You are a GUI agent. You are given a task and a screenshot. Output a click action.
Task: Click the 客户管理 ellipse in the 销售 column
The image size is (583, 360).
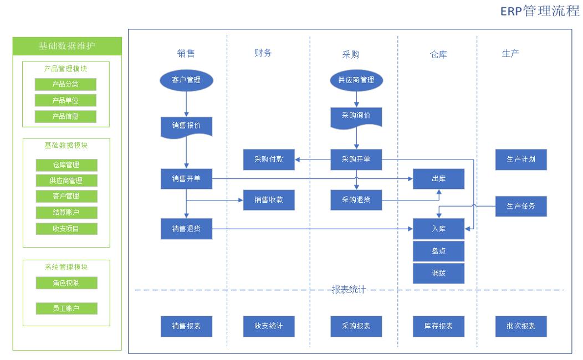[186, 80]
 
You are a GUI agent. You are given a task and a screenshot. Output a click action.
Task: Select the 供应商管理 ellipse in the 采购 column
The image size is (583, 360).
[356, 80]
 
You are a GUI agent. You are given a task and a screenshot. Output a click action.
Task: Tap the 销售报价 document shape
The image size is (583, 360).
[186, 126]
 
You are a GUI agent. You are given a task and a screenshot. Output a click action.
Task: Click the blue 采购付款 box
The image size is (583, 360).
[269, 160]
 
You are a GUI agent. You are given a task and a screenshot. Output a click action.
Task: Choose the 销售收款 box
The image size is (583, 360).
[269, 199]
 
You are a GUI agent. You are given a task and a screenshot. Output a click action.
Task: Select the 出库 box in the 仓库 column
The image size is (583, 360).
[438, 179]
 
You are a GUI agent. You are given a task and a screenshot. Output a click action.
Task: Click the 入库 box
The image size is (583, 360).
[438, 228]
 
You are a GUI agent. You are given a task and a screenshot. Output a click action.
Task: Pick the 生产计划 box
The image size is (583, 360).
[520, 160]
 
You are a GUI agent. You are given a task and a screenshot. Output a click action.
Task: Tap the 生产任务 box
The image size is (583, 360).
[520, 206]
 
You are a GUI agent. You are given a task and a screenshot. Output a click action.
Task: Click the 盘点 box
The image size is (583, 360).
[438, 251]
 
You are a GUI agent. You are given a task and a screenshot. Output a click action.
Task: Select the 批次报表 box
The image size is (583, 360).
[520, 326]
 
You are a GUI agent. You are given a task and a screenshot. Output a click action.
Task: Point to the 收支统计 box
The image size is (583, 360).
[269, 326]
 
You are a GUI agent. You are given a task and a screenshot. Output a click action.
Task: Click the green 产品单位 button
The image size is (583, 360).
[65, 100]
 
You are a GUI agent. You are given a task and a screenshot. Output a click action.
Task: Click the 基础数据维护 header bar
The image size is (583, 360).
[67, 46]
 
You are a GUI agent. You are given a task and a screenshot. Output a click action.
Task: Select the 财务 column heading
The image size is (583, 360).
[263, 53]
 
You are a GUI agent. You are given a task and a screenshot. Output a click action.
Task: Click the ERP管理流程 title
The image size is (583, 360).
[540, 12]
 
